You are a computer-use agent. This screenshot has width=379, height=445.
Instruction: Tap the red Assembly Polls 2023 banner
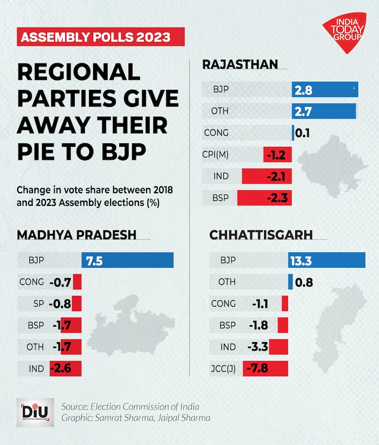tap(101, 37)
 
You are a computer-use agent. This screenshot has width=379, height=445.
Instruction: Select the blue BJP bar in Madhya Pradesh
tap(127, 260)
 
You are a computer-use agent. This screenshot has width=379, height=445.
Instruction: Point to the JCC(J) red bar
tap(265, 369)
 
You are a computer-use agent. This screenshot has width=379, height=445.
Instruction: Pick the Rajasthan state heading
tap(240, 64)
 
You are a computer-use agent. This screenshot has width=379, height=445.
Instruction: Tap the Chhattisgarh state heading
tap(261, 235)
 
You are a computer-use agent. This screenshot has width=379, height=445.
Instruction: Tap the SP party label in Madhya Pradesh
tap(38, 304)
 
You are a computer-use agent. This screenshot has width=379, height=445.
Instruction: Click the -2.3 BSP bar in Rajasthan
tap(265, 198)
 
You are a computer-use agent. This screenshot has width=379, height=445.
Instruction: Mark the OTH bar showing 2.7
tap(324, 112)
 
